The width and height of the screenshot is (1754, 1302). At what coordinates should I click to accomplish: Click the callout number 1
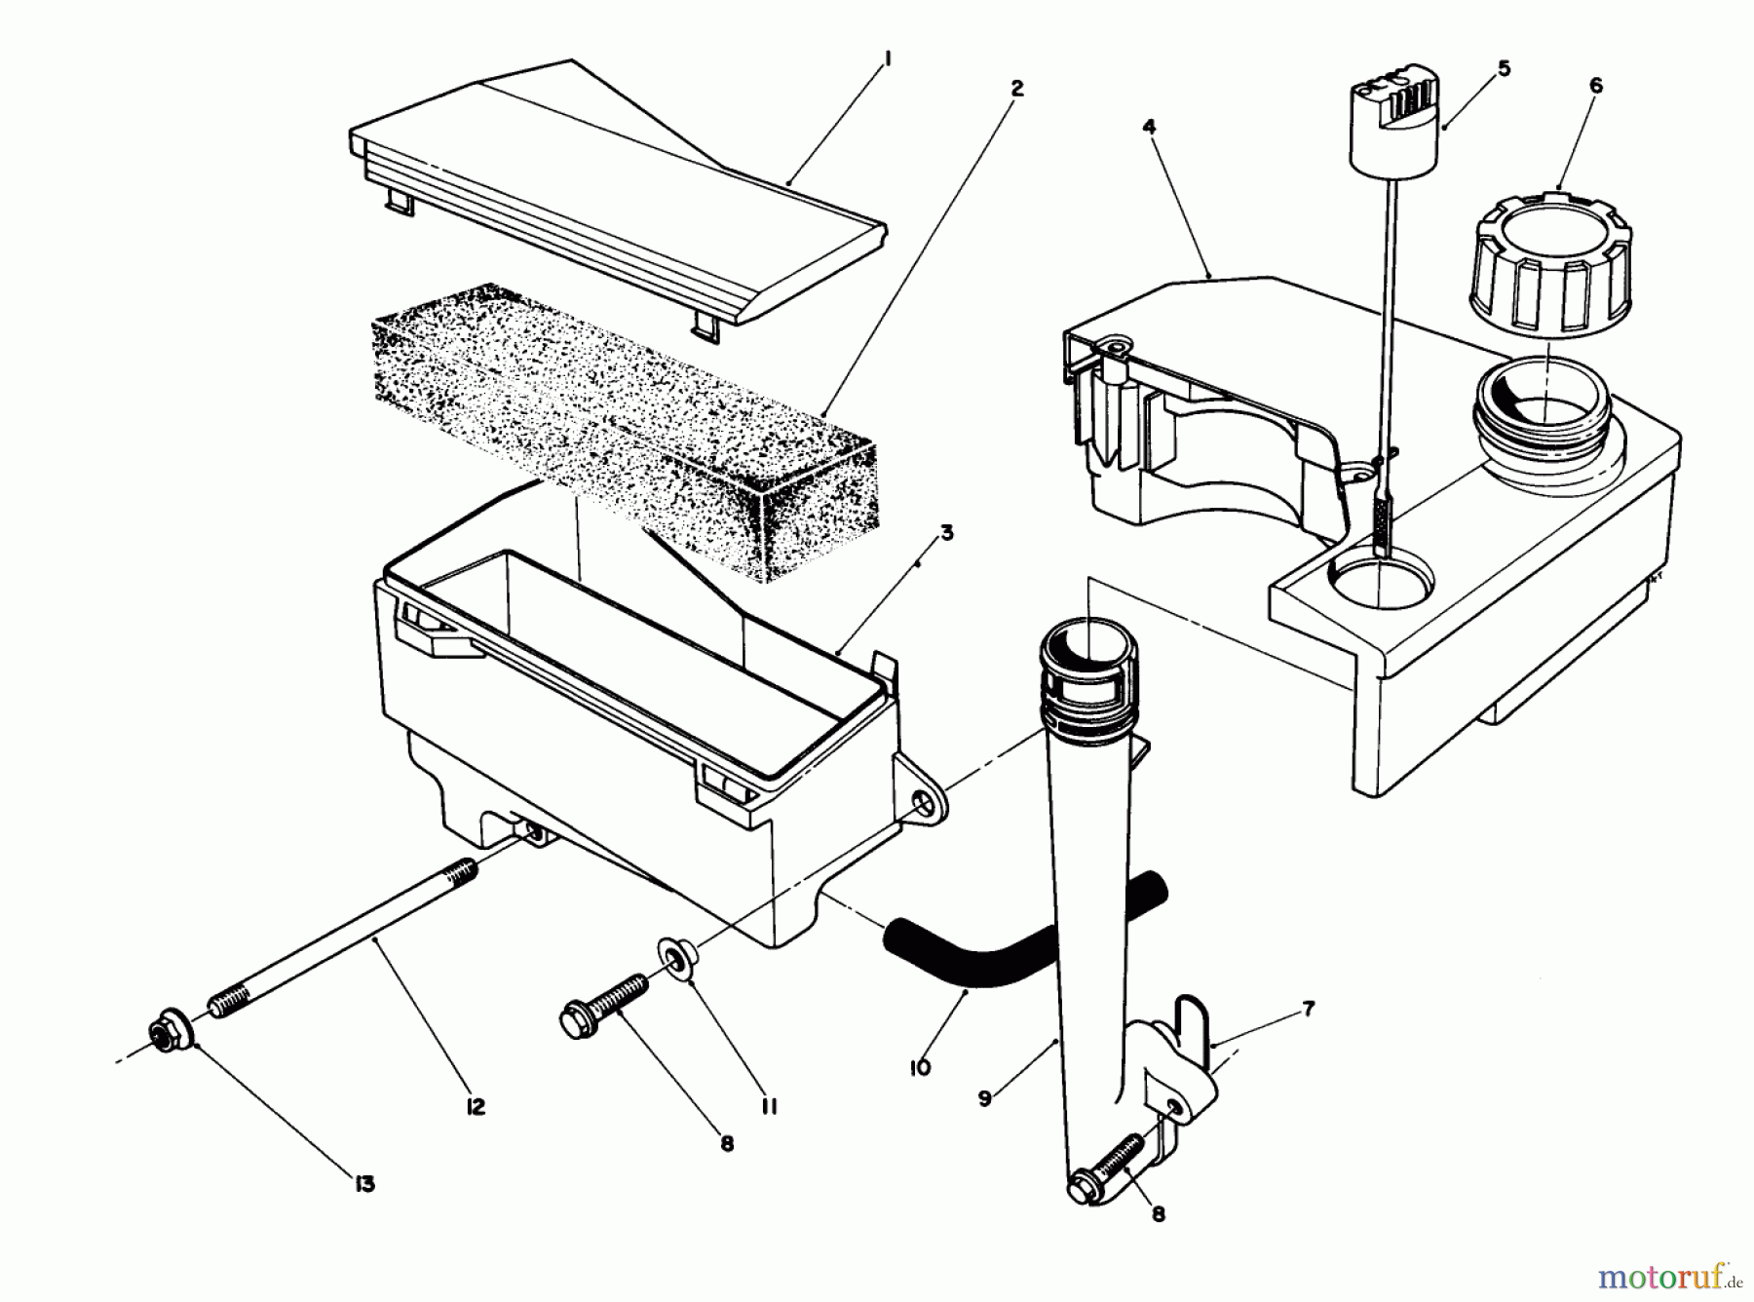coord(888,59)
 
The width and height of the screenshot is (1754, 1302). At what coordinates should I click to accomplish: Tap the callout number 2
coord(1016,89)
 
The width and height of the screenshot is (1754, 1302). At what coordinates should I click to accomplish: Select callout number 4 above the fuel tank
coord(1150,127)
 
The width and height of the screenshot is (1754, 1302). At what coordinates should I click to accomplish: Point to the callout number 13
coord(364,1184)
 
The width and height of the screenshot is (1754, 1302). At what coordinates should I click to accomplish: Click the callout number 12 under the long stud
coord(476,1108)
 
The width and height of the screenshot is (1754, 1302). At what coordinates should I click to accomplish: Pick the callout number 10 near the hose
coord(919,1066)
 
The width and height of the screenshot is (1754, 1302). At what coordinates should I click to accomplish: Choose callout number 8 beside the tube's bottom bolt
coord(1158,1214)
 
